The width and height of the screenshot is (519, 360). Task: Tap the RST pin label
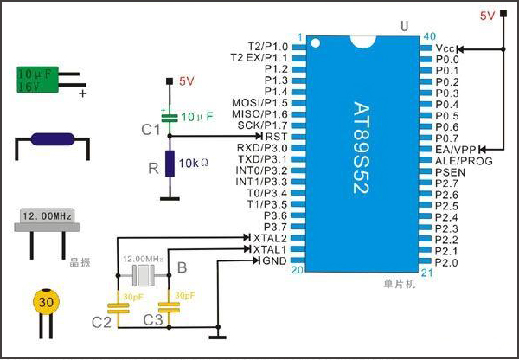tap(277, 137)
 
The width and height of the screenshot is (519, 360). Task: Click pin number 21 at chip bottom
tap(425, 271)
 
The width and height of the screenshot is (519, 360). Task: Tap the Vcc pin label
tap(445, 48)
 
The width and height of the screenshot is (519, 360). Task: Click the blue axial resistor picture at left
tap(52, 141)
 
